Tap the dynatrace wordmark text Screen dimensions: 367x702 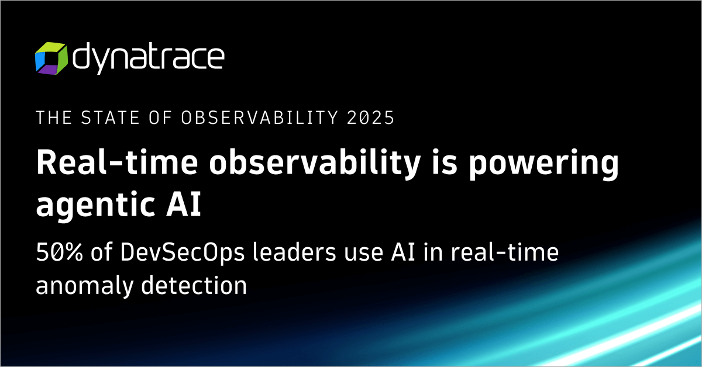(x=147, y=58)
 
